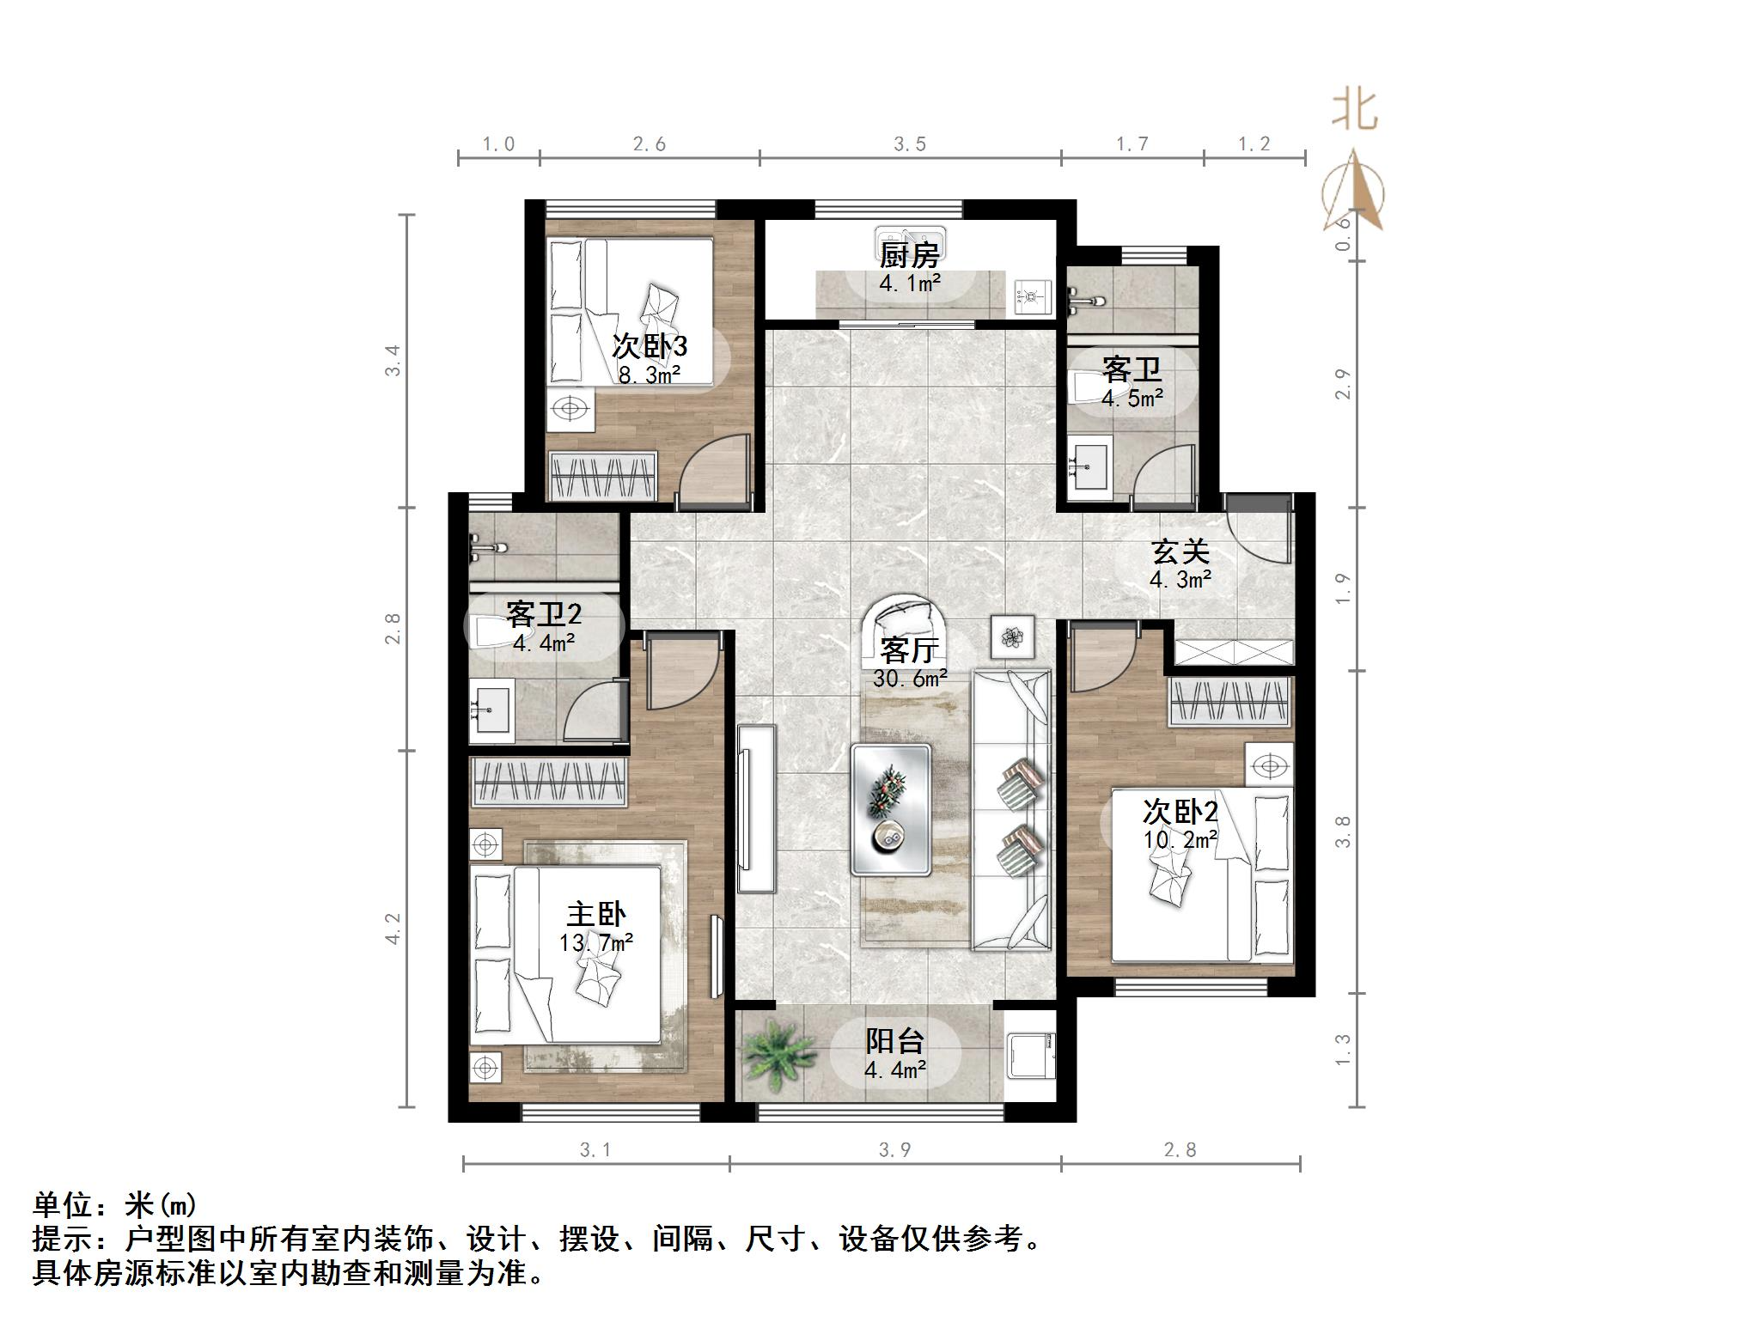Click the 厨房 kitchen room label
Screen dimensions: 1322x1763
[x=909, y=255]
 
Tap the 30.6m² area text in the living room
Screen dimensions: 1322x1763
[x=910, y=679]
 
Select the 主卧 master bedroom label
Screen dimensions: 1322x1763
[x=595, y=914]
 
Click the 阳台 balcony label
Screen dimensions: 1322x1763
[x=894, y=1041]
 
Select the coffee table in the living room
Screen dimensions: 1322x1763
[x=891, y=810]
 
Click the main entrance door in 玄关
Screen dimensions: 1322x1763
[x=1260, y=533]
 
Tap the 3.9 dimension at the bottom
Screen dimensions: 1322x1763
[x=894, y=1149]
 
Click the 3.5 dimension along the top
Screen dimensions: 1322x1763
[x=909, y=144]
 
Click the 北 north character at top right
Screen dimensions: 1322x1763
[x=1355, y=112]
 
